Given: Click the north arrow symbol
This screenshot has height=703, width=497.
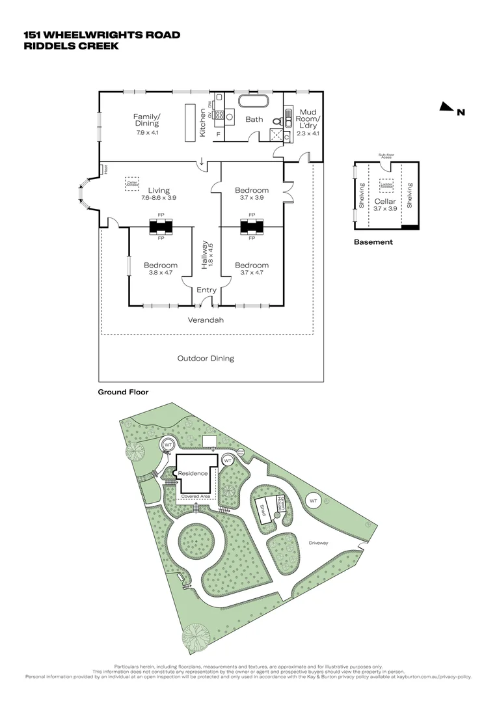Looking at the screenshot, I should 446,107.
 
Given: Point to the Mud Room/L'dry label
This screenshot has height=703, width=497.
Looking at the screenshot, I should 307,118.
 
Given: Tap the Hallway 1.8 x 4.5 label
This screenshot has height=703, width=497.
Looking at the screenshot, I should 206,256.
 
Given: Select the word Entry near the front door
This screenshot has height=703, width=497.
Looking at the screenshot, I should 206,290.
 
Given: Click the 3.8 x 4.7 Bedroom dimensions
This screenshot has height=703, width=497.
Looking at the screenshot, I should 160,273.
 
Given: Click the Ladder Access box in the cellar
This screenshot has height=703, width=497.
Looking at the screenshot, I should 386,185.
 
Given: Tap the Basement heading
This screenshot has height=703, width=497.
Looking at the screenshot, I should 373,242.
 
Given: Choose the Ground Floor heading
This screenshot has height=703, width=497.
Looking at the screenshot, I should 123,393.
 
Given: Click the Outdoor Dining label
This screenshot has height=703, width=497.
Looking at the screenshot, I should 206,358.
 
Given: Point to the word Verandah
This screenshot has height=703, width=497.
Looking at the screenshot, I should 206,320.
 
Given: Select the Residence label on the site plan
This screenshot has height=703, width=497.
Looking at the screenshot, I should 197,473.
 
